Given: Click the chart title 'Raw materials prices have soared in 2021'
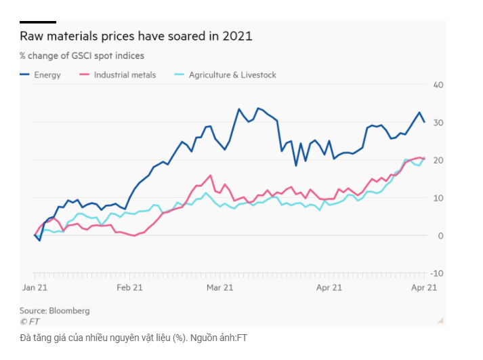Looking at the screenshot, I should tap(135, 37).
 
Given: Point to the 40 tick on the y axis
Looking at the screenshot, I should tap(438, 85).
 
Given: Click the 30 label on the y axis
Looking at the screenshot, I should tap(438, 123).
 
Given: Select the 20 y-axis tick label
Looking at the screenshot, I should tap(438, 160).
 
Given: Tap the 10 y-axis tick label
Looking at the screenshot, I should tap(438, 198).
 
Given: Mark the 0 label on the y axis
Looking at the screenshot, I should tap(440, 235).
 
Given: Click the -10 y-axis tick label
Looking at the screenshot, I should tap(436, 273).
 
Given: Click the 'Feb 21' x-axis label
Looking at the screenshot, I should tap(129, 287).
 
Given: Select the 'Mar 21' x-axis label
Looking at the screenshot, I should tap(219, 287).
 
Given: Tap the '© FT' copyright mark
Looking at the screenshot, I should tap(30, 321).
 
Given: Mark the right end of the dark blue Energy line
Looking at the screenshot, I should tap(424, 121).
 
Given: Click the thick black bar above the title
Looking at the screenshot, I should tap(37, 22).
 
